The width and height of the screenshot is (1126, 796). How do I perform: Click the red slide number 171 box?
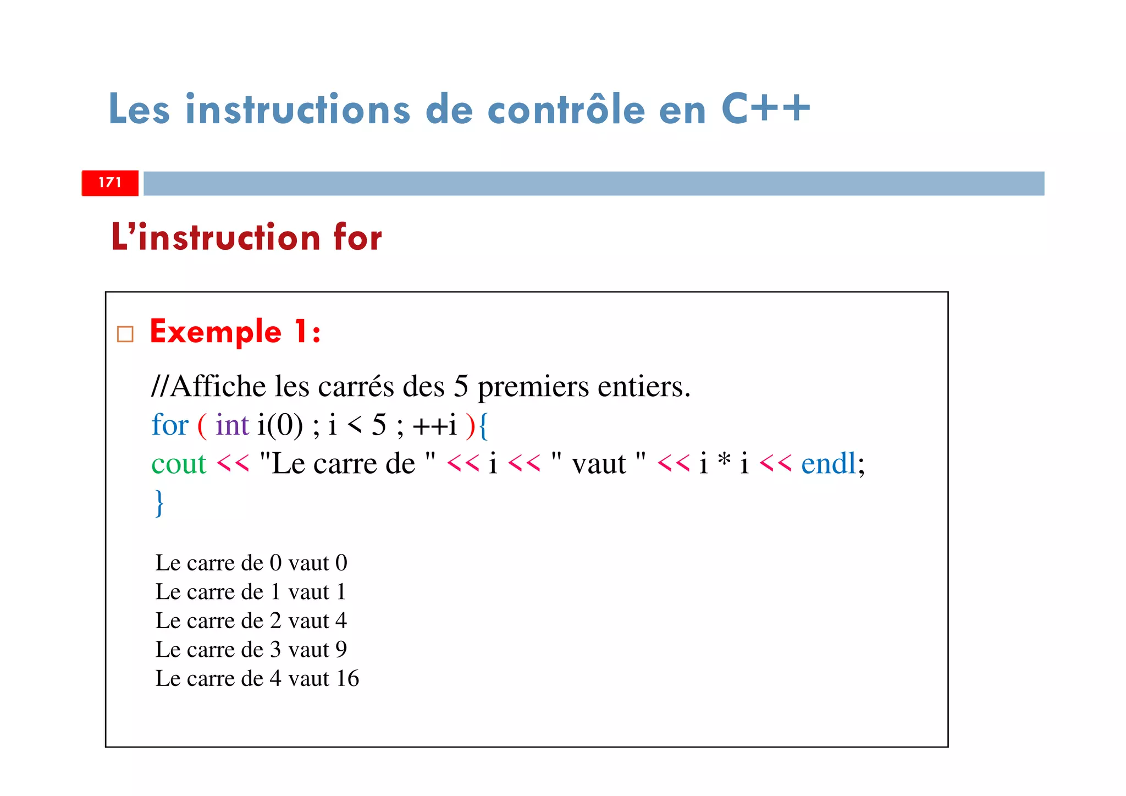point(110,183)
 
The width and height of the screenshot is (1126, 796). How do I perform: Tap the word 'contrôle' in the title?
point(566,109)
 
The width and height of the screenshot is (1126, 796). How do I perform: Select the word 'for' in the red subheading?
point(357,238)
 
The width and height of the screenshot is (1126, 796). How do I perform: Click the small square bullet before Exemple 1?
point(125,334)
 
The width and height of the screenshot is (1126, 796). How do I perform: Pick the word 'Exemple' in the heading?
point(216,332)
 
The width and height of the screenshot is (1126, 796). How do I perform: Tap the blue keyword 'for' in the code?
point(170,425)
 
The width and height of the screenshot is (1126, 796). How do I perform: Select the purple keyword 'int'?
point(232,425)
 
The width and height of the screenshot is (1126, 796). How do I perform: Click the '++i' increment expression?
point(434,425)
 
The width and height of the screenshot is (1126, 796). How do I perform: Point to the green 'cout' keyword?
point(179,464)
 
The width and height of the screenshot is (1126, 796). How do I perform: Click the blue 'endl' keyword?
point(829,464)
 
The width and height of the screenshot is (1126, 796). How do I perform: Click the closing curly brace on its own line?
point(159,502)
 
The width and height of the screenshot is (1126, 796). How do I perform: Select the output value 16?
point(347,679)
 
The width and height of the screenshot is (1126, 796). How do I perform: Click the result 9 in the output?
point(341,650)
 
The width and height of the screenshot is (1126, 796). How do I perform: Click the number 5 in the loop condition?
point(379,425)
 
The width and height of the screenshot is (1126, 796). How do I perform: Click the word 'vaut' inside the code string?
point(598,464)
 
